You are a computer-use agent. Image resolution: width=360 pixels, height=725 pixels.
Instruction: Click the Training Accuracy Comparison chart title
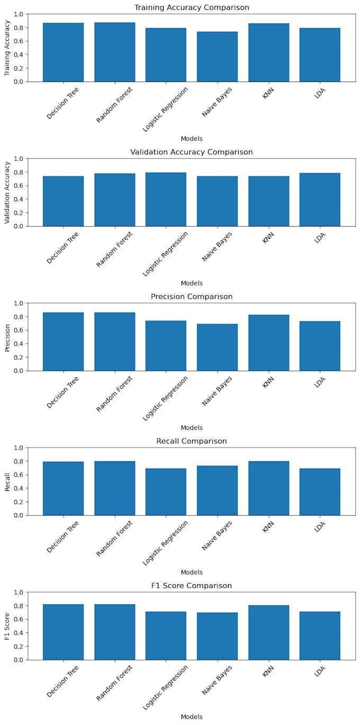(x=191, y=7)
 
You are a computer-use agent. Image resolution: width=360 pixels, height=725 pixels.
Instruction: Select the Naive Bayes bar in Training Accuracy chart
(x=217, y=57)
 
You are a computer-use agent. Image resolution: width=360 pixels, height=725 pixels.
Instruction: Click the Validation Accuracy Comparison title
(x=191, y=152)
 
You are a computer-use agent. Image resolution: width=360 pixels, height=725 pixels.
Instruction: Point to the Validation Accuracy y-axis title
(x=7, y=192)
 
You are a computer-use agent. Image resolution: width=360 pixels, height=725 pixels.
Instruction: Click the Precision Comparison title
(x=191, y=297)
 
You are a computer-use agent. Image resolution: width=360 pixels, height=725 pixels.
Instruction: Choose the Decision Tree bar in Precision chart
(x=63, y=342)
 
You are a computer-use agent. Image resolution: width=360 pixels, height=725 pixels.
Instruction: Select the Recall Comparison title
(x=191, y=441)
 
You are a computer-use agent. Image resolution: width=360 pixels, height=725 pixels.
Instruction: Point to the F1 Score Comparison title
(x=191, y=586)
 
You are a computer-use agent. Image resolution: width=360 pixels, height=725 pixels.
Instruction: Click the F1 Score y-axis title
(x=7, y=626)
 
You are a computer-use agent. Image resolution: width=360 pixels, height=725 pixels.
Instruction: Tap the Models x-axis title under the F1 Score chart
(x=191, y=717)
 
